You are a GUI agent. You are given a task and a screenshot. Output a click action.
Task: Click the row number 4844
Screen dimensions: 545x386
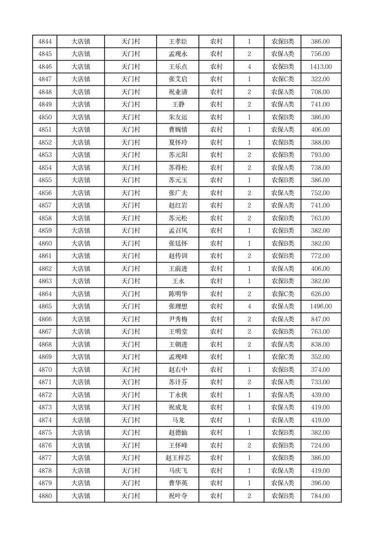[x=45, y=42]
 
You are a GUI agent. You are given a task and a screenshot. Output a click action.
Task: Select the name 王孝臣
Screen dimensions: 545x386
[x=177, y=42]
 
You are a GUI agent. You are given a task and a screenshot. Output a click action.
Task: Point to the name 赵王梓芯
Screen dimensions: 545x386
[x=177, y=458]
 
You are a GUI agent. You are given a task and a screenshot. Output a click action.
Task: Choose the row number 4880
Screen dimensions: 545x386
[x=45, y=496]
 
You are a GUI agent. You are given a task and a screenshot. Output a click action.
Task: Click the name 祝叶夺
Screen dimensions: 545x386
[x=177, y=496]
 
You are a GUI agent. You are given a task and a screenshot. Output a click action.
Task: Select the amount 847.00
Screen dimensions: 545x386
[x=320, y=319]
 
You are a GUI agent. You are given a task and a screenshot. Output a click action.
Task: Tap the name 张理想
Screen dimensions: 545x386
[x=177, y=307]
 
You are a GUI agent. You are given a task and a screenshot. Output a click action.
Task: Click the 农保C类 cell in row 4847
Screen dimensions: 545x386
[x=282, y=80]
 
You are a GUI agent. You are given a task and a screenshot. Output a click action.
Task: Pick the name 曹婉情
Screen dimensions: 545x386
[x=177, y=130]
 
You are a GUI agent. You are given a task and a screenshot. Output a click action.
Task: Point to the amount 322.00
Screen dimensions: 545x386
[x=320, y=80]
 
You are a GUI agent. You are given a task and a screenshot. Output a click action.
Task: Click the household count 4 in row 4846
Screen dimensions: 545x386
[x=249, y=67]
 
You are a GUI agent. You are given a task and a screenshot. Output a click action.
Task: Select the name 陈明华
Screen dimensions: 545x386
[x=177, y=294]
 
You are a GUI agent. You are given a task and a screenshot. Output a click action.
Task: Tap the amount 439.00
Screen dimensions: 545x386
[x=320, y=395]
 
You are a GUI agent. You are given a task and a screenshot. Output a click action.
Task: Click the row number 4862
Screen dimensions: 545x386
[x=45, y=269]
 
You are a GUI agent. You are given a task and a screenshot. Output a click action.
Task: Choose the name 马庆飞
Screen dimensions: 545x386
[x=177, y=471]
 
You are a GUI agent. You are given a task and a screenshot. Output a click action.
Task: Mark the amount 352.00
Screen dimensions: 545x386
[x=320, y=357]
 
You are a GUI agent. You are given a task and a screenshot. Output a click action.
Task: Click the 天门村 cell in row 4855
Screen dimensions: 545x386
[x=130, y=180]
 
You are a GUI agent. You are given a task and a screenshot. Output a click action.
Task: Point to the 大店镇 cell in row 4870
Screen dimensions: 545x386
[x=81, y=370]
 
